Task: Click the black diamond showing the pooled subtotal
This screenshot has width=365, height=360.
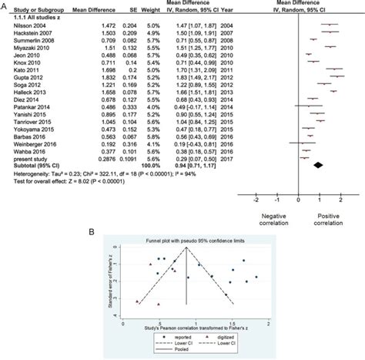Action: (x=318, y=164)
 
